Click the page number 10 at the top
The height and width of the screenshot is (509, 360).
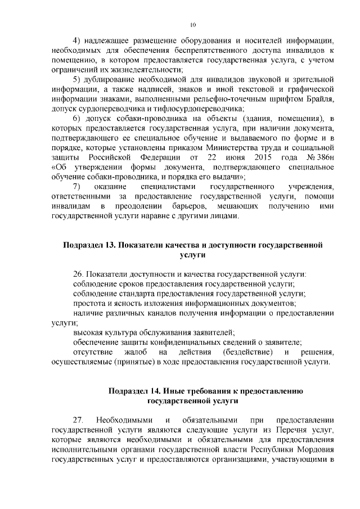192,25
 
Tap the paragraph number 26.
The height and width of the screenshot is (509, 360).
79,274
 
